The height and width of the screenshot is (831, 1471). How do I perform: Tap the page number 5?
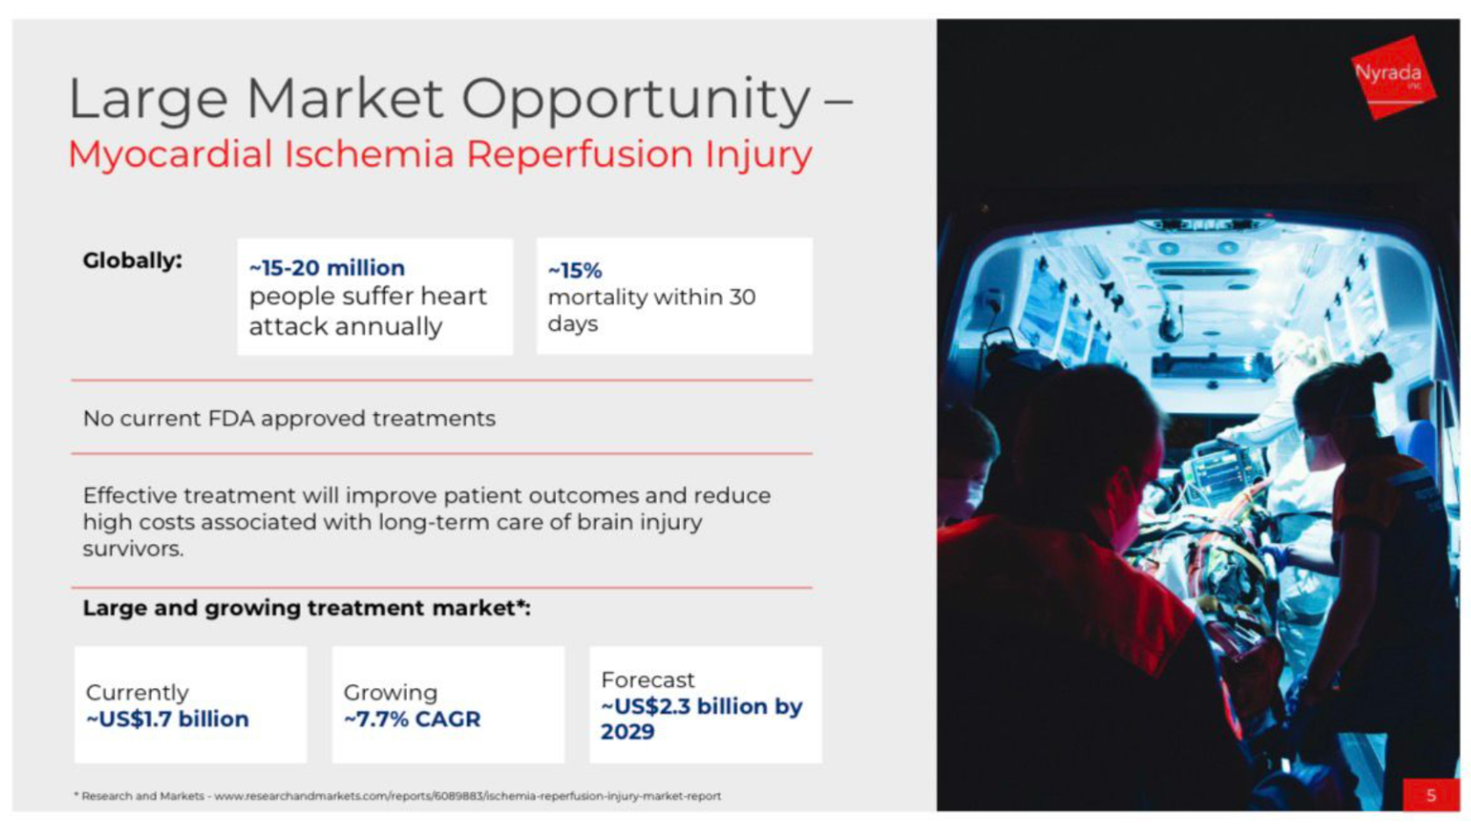coord(1431,795)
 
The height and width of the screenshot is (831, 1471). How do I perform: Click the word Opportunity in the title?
coord(636,99)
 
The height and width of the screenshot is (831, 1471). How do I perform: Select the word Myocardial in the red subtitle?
coord(170,154)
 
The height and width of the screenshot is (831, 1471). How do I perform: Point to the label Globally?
coord(132,261)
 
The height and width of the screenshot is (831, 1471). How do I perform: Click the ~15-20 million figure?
coord(326,268)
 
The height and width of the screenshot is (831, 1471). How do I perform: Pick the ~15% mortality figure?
coord(575,270)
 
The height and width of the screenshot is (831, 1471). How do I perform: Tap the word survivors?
coord(132,549)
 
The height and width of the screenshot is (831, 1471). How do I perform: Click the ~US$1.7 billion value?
coord(168,720)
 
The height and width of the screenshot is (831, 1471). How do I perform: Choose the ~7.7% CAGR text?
coord(412,720)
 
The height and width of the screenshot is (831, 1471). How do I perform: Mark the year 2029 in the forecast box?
coord(627,732)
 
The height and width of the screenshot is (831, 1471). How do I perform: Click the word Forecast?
coord(647,680)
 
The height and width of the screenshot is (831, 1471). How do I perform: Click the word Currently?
coord(137,692)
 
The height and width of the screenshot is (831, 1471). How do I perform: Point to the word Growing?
coord(390,692)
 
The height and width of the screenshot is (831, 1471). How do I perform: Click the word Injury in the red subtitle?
coord(759,154)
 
